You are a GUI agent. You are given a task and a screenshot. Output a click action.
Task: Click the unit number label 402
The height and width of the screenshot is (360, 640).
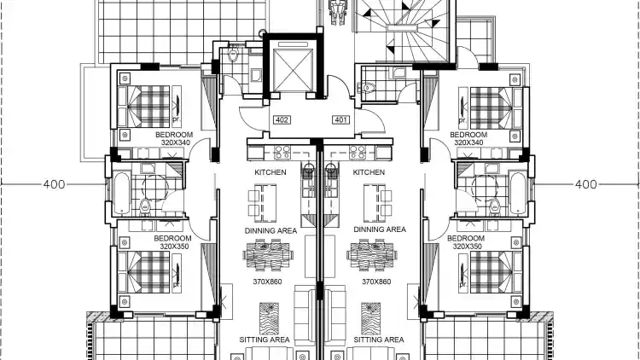(282, 119)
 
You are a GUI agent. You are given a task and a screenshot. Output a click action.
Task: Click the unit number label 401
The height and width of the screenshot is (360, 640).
(341, 119)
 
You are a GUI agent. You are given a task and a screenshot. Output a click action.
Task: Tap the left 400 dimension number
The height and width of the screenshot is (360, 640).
(55, 184)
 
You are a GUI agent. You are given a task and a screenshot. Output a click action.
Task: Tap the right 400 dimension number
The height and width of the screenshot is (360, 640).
(585, 184)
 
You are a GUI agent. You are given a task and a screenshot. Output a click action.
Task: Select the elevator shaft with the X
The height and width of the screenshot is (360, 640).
(293, 67)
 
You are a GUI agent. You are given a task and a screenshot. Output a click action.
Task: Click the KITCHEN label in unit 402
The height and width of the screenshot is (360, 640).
(271, 172)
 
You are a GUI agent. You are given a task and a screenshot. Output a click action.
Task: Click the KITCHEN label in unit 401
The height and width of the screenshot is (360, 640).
(369, 172)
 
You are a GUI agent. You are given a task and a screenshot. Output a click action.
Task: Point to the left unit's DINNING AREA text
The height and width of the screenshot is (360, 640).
(271, 230)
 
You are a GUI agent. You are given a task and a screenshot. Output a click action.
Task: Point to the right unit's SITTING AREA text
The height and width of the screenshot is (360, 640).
(379, 340)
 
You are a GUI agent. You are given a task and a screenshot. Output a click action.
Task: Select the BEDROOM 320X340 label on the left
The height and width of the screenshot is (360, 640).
(174, 138)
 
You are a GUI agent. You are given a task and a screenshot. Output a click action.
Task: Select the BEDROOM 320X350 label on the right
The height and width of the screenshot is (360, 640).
(466, 242)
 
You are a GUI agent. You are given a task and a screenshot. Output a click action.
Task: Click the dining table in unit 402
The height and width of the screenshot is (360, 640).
(268, 256)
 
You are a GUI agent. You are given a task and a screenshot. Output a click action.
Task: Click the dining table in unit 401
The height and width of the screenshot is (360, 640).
(372, 256)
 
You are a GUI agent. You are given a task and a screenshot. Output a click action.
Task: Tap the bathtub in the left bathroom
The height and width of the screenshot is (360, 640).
(122, 194)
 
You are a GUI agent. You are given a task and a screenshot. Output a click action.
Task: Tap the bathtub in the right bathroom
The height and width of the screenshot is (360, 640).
(518, 194)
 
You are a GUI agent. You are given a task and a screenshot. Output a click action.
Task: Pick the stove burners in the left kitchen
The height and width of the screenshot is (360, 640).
(282, 153)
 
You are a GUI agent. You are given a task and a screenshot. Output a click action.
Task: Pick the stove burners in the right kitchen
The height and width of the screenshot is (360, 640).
(358, 153)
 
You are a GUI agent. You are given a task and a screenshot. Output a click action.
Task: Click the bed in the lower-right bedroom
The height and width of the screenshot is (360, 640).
(496, 272)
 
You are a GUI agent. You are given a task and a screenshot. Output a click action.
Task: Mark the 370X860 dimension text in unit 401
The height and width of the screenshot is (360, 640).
(376, 282)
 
